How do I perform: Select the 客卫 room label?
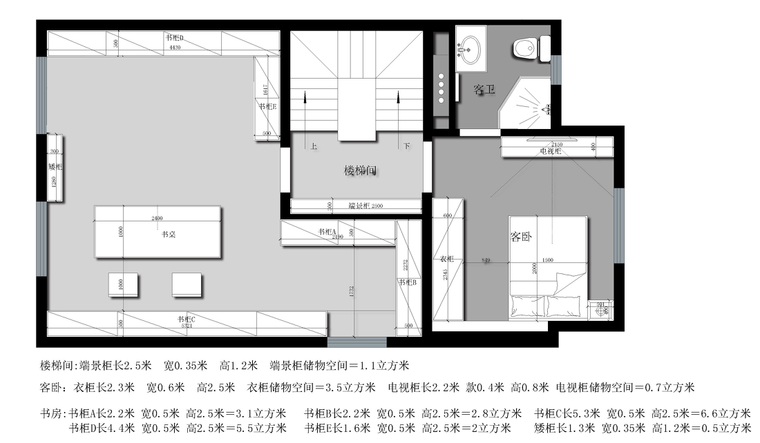point(484,90)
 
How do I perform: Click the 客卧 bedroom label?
point(522,237)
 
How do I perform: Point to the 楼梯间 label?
point(361,170)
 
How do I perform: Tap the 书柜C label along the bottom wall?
point(186,319)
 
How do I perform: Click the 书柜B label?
point(408,282)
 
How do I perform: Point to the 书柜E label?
point(267,107)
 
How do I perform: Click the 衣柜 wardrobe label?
point(447,259)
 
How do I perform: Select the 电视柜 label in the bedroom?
point(550,151)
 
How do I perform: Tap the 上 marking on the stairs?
point(314,146)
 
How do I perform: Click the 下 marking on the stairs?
point(407,146)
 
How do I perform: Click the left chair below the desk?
point(123,284)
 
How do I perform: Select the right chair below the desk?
point(187,284)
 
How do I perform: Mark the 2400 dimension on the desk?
point(157,218)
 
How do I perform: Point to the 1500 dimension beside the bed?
point(548,261)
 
